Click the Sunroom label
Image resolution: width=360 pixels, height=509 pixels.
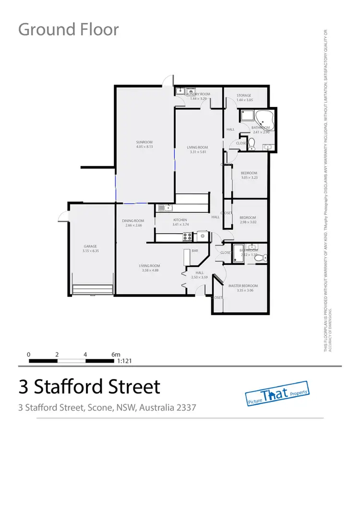click(x=144, y=142)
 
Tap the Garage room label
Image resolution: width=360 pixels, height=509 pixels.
click(x=90, y=247)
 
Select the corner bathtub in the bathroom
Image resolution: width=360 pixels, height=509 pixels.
click(x=265, y=118)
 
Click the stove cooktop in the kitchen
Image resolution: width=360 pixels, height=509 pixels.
click(x=187, y=236)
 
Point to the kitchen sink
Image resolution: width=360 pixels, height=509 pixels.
click(x=165, y=208)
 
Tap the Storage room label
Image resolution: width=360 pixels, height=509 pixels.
click(x=243, y=95)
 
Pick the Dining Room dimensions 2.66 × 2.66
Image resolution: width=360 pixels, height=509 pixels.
click(x=132, y=225)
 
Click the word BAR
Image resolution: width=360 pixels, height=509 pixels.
click(x=195, y=251)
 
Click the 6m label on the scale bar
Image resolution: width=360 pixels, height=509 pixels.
click(x=116, y=355)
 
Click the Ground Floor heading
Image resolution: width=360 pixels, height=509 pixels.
click(x=68, y=29)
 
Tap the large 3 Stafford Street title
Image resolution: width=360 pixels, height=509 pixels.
click(x=89, y=386)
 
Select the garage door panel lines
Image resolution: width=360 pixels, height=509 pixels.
click(x=93, y=289)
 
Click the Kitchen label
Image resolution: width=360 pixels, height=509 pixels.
click(x=180, y=220)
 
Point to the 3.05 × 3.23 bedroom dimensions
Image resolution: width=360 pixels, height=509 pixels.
click(x=249, y=178)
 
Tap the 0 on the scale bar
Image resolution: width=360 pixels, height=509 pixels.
click(x=29, y=355)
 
